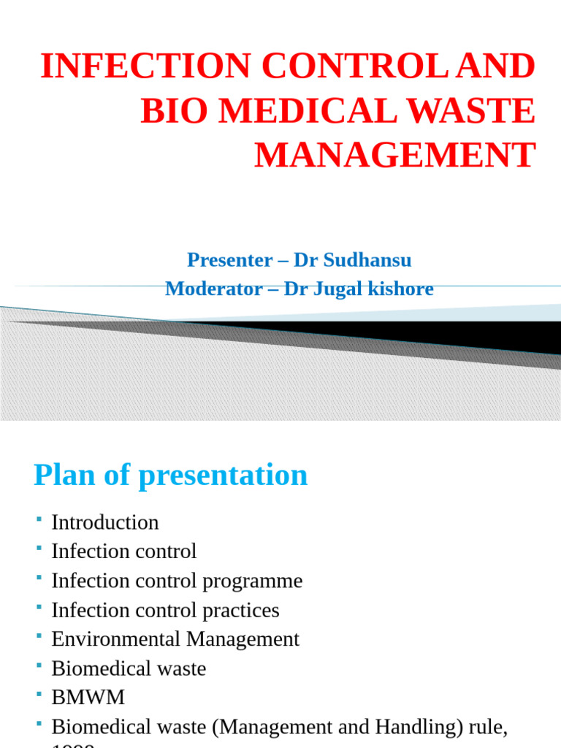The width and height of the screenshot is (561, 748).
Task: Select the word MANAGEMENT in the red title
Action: click(x=394, y=155)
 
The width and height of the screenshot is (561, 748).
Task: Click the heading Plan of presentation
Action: click(x=170, y=476)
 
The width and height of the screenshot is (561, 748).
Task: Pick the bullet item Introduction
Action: click(x=104, y=522)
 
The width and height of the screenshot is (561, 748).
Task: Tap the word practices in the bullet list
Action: click(x=240, y=610)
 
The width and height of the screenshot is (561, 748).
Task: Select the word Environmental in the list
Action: click(x=116, y=639)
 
